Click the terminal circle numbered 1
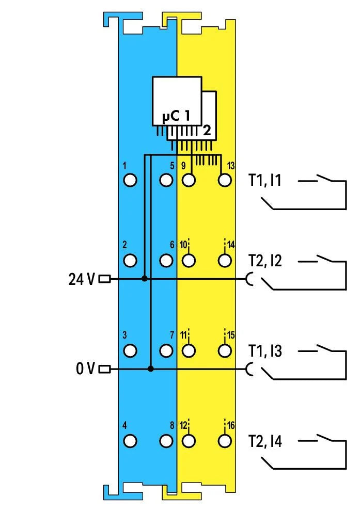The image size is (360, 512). coord(130,180)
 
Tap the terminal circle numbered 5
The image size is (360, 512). coord(166,180)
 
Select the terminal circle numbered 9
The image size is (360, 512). coord(189,180)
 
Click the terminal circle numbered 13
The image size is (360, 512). coord(224,180)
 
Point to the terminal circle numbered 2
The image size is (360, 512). coord(130,260)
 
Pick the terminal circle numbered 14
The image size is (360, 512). coord(224,260)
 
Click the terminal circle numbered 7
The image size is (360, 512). coord(166,350)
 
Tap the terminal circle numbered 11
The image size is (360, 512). coord(189,350)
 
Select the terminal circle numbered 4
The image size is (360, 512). coord(130,441)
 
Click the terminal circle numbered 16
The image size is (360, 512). coord(224,441)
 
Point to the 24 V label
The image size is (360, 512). coord(82,279)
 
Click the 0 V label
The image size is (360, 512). coord(85,369)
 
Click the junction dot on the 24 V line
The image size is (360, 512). coord(145,279)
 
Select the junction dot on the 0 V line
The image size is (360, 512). coord(150,369)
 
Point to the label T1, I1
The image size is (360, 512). coord(265,181)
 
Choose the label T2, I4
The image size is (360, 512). coord(265,441)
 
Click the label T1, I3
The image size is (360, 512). coord(265,351)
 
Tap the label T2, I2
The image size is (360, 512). coord(265,261)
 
